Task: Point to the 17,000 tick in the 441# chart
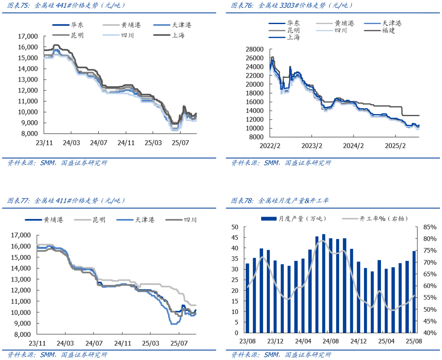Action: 27,36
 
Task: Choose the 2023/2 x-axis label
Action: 311,146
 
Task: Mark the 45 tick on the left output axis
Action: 235,238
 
